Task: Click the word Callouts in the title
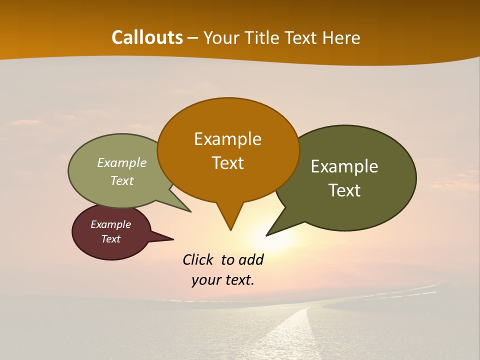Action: pyautogui.click(x=147, y=37)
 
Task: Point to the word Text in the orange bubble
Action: pyautogui.click(x=227, y=162)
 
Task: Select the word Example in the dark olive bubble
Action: pyautogui.click(x=344, y=166)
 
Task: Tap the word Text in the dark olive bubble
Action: pyautogui.click(x=344, y=190)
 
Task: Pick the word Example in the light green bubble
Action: pyautogui.click(x=121, y=162)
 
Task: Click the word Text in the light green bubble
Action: pyautogui.click(x=121, y=180)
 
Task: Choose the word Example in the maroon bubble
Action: pyautogui.click(x=110, y=224)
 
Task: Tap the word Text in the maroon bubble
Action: pyautogui.click(x=110, y=239)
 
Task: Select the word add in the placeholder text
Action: pyautogui.click(x=250, y=259)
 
